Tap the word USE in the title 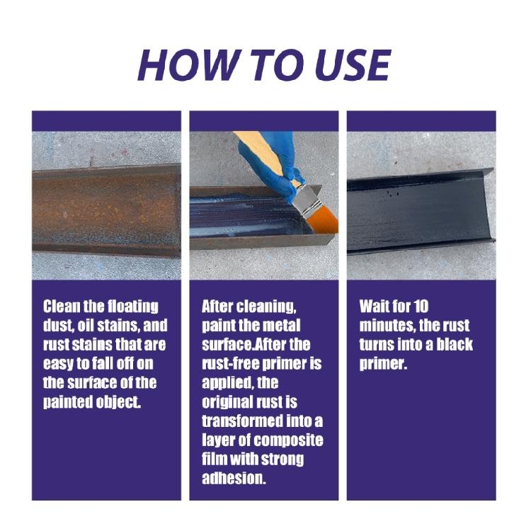click(346, 66)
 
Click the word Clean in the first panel click(62, 307)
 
